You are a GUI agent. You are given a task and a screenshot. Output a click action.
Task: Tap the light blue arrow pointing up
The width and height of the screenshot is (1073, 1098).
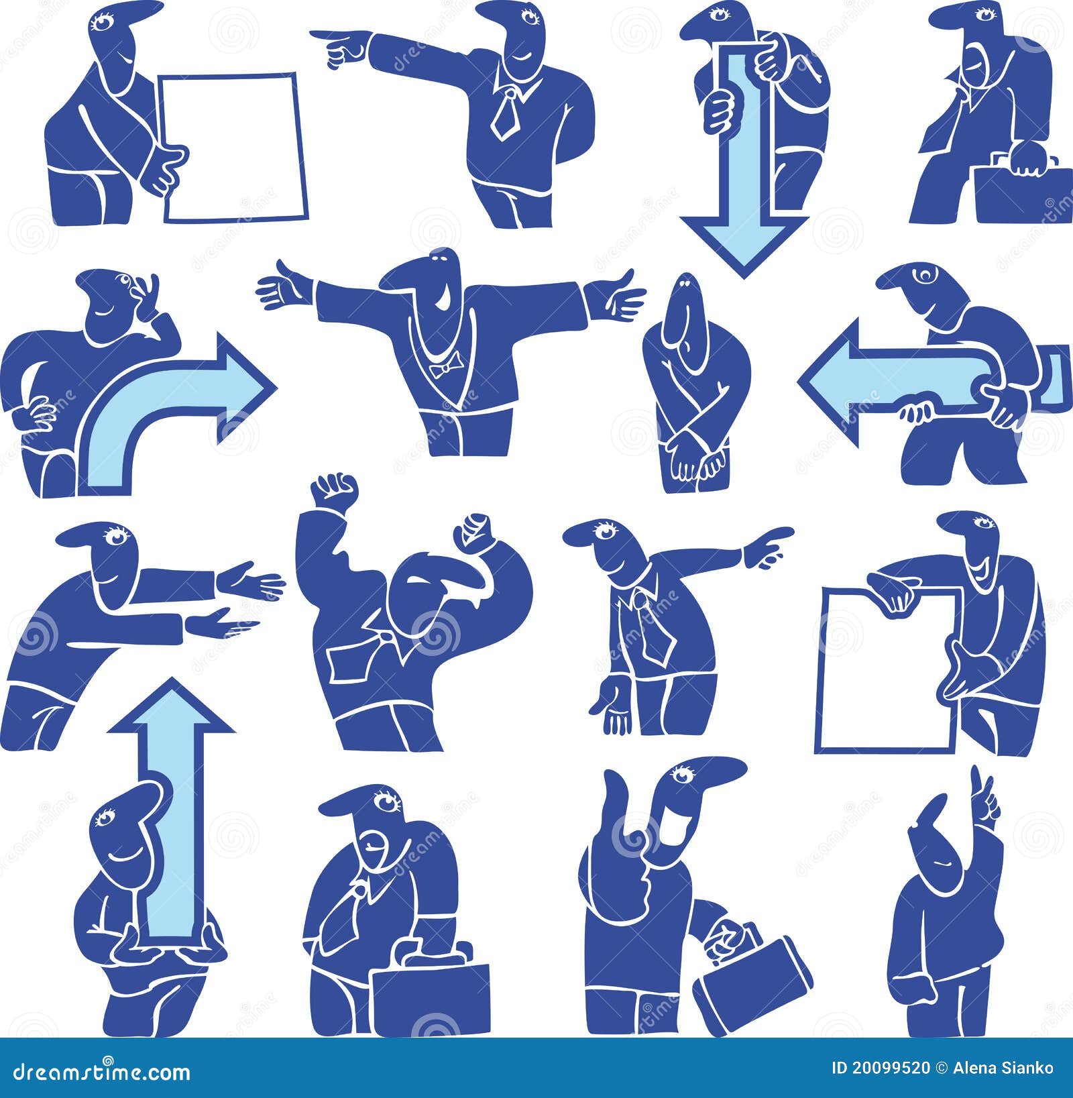pos(171,805)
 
